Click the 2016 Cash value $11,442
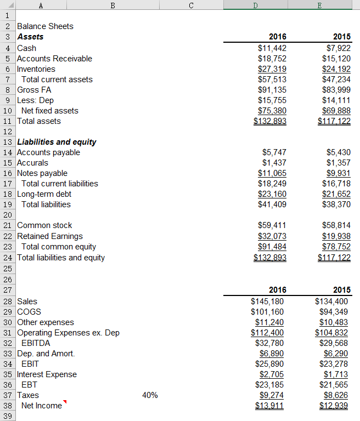272,48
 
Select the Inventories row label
36,69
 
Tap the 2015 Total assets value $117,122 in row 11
334,121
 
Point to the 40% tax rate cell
149,395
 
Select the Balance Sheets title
45,26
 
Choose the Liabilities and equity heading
57,142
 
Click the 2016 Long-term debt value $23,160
272,194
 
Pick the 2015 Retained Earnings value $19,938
336,236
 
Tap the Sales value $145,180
268,301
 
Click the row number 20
8,215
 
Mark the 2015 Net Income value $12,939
334,406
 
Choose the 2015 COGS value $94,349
336,312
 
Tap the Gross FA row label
34,90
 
